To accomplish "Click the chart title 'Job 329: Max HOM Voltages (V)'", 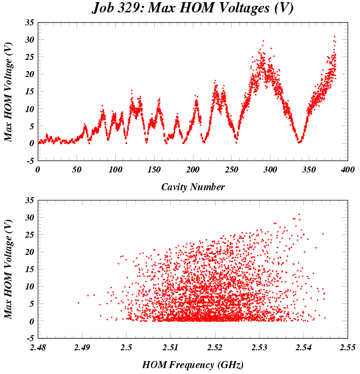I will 193,8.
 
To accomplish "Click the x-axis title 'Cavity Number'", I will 192,187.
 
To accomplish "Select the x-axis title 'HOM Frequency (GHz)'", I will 192,365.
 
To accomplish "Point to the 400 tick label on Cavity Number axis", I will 348,169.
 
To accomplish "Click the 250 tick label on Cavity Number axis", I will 231,169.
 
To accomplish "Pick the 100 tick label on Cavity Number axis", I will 115,169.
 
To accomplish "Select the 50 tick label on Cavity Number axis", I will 76,169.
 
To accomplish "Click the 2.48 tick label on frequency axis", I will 38,347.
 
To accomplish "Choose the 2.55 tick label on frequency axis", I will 348,347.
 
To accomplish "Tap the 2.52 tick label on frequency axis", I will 214,347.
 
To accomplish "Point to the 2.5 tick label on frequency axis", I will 126,347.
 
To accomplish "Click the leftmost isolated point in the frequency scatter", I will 78,303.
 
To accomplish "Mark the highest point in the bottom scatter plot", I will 299,214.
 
